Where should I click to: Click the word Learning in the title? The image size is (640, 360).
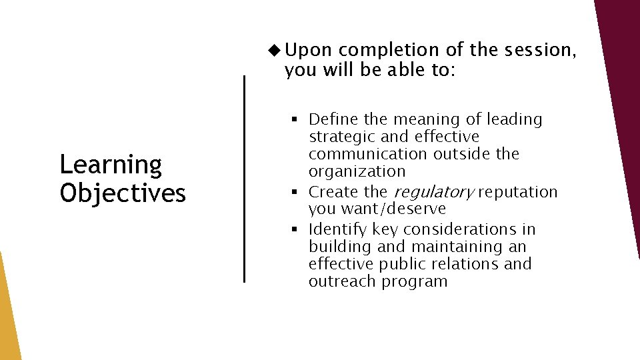(x=111, y=165)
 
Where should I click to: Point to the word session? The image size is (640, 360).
(x=533, y=50)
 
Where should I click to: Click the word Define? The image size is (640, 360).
(x=334, y=120)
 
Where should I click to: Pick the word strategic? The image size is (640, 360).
(x=342, y=137)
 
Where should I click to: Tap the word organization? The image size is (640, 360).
(x=357, y=172)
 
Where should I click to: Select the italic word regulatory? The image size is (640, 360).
(x=434, y=193)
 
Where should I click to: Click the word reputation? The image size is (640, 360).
(x=517, y=192)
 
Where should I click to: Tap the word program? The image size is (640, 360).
(x=414, y=282)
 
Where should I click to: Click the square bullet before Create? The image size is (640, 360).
(x=294, y=193)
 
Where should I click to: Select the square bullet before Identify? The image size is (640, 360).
(x=294, y=230)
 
